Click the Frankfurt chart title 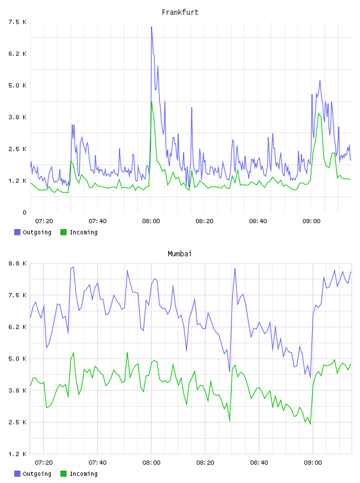tap(180, 12)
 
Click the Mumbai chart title tap(179, 254)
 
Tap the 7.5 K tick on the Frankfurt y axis tap(17, 22)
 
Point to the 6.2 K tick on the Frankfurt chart tap(17, 54)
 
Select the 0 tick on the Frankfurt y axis tap(24, 212)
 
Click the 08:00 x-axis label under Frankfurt tap(151, 221)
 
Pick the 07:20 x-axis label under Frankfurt tap(44, 221)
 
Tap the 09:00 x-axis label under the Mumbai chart tap(313, 463)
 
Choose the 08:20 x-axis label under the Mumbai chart tap(205, 463)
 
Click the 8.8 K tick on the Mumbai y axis tap(17, 263)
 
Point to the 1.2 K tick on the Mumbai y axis tap(17, 454)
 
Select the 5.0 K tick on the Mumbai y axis tap(17, 359)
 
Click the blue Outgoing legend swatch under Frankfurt tap(17, 232)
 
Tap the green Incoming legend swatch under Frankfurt tap(63, 232)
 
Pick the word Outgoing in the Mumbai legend tap(37, 474)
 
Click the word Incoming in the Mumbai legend tap(83, 474)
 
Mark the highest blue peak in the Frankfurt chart tap(152, 27)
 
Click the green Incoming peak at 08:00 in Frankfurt tap(152, 102)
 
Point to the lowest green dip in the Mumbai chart tap(310, 424)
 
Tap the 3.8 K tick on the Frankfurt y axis tap(17, 117)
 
